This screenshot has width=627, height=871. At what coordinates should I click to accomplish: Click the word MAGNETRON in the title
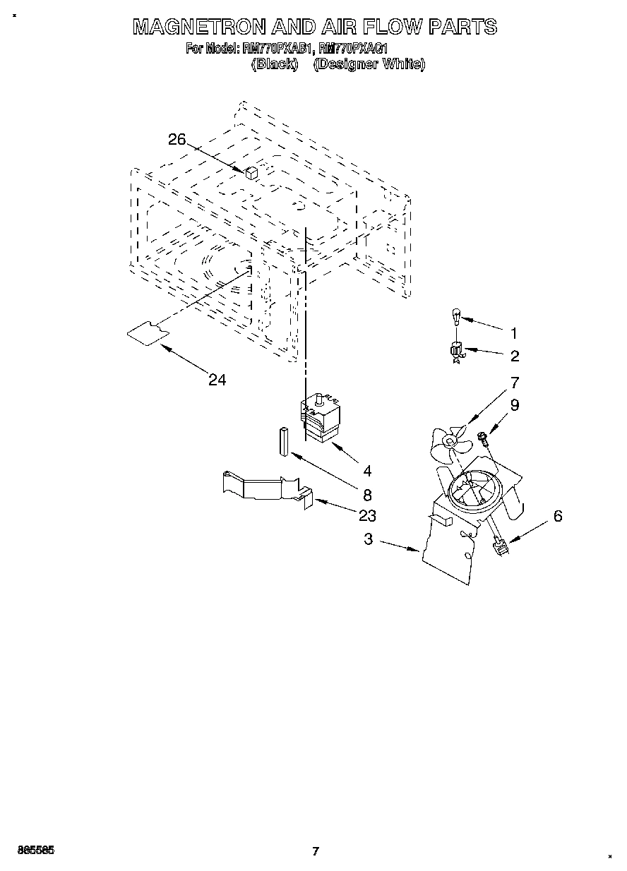pos(201,28)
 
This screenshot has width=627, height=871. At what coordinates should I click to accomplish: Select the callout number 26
pos(177,140)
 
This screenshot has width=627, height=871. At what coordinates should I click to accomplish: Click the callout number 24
pos(217,380)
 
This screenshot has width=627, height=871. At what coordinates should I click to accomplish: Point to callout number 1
pos(514,333)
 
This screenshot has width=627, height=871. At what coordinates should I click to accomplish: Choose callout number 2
pos(515,356)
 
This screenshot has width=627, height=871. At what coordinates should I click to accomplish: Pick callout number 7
pos(515,383)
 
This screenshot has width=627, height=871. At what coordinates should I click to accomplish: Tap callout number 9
pos(515,405)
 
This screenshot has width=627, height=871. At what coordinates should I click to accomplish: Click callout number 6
pos(558,517)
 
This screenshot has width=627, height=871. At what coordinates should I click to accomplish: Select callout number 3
pos(369,539)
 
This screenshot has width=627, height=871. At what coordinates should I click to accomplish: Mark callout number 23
pos(366,515)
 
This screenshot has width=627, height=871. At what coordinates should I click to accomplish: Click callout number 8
pos(367,495)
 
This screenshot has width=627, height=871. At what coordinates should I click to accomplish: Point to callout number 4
pos(367,470)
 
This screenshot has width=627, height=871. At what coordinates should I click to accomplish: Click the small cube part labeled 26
pos(251,172)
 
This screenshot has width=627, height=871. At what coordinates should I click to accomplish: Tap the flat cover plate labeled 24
pos(147,332)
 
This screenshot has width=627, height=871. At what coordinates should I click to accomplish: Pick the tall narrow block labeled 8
pos(283,442)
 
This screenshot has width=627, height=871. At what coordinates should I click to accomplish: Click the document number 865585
pos(32,851)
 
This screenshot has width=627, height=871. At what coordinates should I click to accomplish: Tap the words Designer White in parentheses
pos(369,64)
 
